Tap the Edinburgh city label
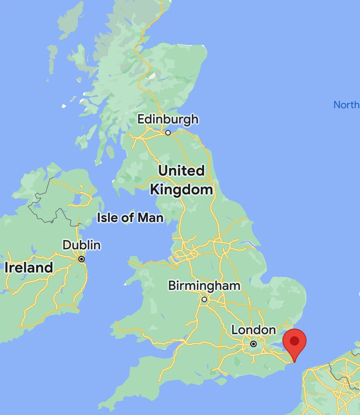click(x=168, y=119)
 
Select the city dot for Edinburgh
click(x=168, y=133)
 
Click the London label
click(x=254, y=330)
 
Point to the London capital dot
click(x=254, y=344)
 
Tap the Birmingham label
click(x=204, y=286)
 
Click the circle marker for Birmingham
click(x=204, y=299)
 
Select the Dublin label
click(x=82, y=245)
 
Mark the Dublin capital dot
click(x=82, y=259)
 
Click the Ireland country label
click(x=29, y=267)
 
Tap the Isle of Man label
click(x=130, y=218)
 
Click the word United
click(x=181, y=171)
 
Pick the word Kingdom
click(x=181, y=190)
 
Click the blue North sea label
click(x=346, y=105)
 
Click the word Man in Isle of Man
click(x=150, y=218)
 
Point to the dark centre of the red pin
click(x=294, y=341)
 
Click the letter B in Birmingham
click(x=172, y=286)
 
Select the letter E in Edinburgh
click(x=141, y=119)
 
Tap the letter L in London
click(x=235, y=330)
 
